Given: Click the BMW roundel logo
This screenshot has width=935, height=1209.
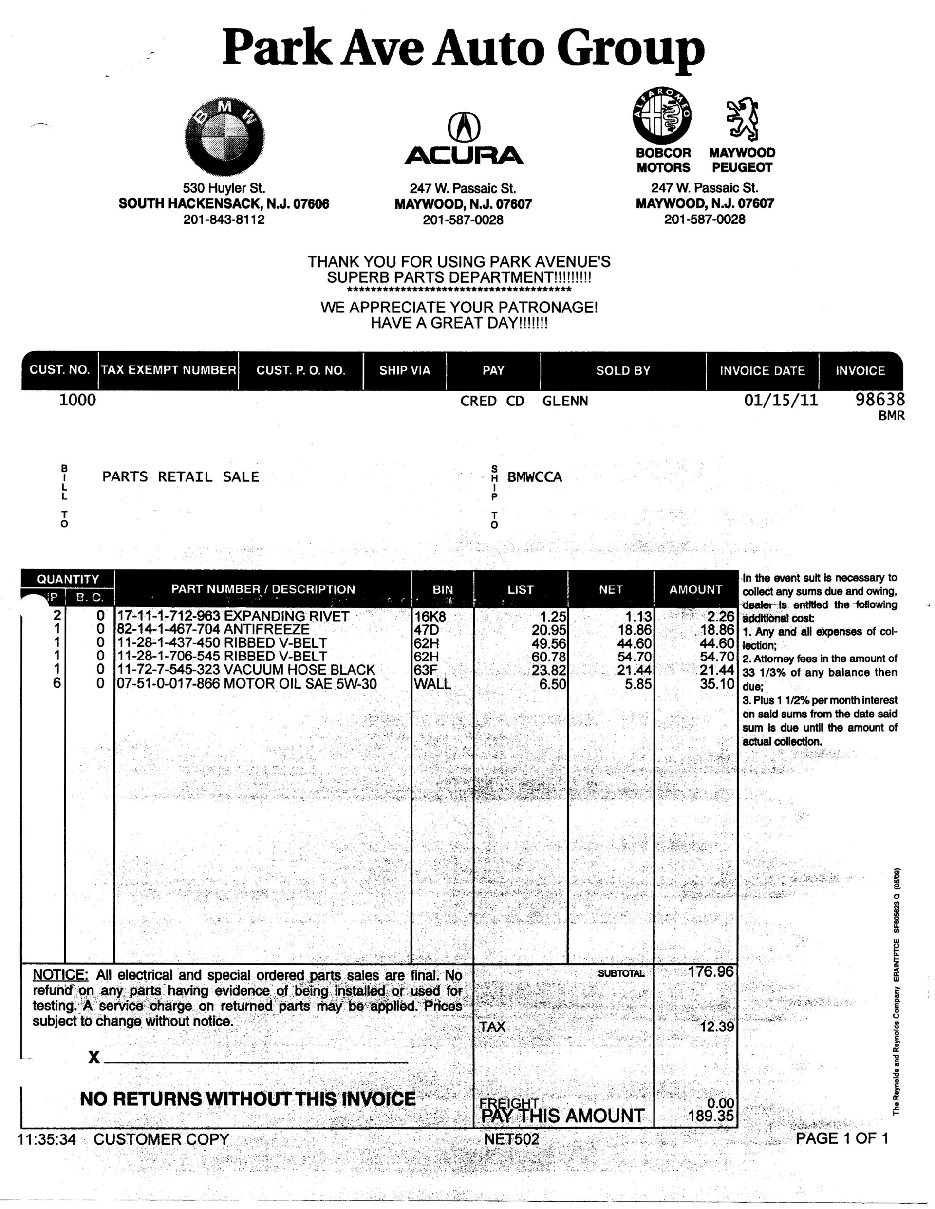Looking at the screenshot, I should coord(224,136).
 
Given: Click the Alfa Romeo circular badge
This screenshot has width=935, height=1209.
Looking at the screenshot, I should coord(662,115).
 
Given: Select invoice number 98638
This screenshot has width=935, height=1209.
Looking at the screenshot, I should coord(879,399).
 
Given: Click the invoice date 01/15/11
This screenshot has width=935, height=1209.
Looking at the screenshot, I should coord(781,400).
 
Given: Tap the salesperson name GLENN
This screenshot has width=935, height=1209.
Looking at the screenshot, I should coord(565,401).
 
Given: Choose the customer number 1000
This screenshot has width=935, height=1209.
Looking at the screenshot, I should coord(77,400).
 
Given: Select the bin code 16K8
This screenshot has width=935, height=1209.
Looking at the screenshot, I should coord(430,616).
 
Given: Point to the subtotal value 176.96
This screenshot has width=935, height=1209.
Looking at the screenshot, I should coord(710,971).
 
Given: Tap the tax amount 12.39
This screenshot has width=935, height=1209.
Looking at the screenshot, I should coord(717,1026).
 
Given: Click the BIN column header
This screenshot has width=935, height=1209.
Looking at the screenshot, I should coord(443,589).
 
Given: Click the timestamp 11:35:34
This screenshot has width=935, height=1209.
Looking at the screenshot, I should coord(47,1139).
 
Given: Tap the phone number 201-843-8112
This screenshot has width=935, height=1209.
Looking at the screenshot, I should coord(224,219).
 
